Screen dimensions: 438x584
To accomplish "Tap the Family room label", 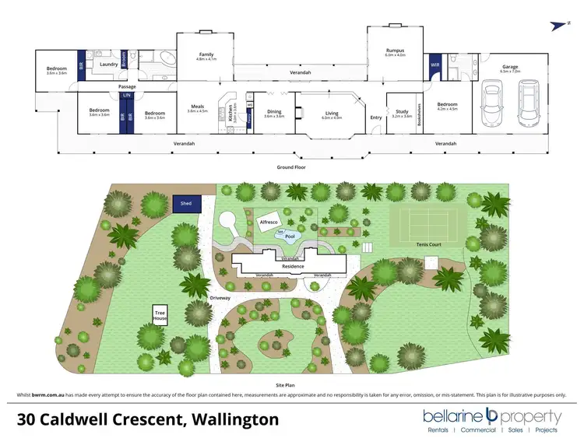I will coord(206,54).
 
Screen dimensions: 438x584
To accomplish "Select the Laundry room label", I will coord(109,64).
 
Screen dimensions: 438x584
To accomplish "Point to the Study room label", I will coord(402,112).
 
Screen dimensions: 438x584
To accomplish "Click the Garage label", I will coord(510,67).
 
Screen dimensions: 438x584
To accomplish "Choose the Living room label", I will coord(332,112).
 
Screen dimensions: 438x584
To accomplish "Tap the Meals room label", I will coord(198,107).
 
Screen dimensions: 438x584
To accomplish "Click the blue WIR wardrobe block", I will coord(434,65).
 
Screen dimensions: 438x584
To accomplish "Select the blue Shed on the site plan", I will coord(186,203).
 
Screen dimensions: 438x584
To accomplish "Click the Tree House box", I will coord(160,316).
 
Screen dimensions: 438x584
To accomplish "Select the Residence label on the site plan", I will coord(293,267).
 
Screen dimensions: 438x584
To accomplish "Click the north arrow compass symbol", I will coord(554,25).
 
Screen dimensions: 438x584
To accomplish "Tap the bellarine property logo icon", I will coord(491,415).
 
